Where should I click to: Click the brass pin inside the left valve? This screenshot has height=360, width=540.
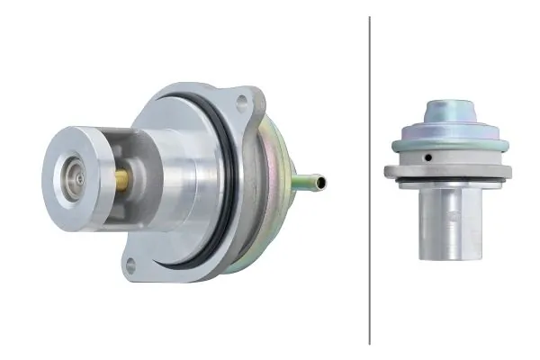121,180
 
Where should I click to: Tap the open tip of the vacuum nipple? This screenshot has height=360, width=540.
323,183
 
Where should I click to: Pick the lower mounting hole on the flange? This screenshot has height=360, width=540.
131,265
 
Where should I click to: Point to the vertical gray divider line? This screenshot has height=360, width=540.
370,180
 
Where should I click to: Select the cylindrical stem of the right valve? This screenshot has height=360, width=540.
448,225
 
